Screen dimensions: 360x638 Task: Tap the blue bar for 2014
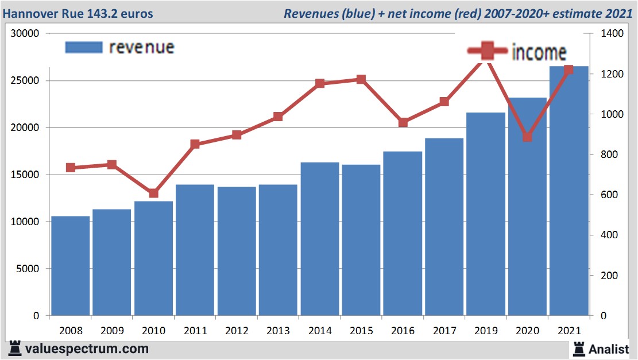tap(320, 239)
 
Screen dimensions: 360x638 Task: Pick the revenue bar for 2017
tap(444, 227)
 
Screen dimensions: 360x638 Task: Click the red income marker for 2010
tap(153, 193)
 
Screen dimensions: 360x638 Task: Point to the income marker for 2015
tap(361, 79)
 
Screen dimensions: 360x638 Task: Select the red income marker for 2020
tap(527, 137)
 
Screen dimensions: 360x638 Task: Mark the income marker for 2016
tap(403, 122)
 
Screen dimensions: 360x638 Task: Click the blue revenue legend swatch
tap(83, 47)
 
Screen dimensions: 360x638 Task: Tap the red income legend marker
tap(487, 51)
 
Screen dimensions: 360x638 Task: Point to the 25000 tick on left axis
tap(26, 81)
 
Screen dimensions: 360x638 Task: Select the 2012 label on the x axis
tap(237, 331)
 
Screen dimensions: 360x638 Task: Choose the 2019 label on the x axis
tap(485, 331)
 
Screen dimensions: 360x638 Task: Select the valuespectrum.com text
tap(87, 349)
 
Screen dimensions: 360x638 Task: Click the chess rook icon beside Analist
tap(578, 348)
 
